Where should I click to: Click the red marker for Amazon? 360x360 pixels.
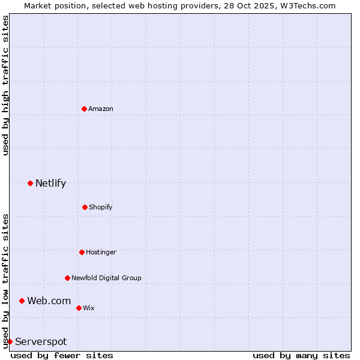click(84, 109)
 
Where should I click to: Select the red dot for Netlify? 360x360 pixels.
click(30, 183)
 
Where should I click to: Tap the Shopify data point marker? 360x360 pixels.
click(85, 207)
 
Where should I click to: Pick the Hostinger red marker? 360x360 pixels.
click(82, 252)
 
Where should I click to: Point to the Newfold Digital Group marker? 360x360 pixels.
click(67, 278)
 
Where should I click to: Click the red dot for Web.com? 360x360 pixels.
click(22, 301)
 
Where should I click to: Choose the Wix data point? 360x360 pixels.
click(79, 308)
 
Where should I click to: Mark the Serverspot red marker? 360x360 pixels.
click(10, 341)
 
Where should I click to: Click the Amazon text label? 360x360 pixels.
click(101, 109)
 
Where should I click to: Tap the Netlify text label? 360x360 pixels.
click(50, 183)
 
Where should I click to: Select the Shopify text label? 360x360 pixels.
click(101, 207)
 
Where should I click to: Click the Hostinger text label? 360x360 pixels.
click(101, 252)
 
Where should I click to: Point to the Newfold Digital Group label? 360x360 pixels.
click(106, 278)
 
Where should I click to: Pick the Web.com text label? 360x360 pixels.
click(49, 301)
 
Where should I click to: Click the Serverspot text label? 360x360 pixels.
click(41, 341)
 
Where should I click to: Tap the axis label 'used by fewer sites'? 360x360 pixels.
click(62, 355)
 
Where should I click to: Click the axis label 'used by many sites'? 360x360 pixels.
click(301, 355)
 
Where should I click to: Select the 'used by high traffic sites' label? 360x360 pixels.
click(5, 85)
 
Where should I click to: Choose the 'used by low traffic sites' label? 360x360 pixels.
click(5, 281)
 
